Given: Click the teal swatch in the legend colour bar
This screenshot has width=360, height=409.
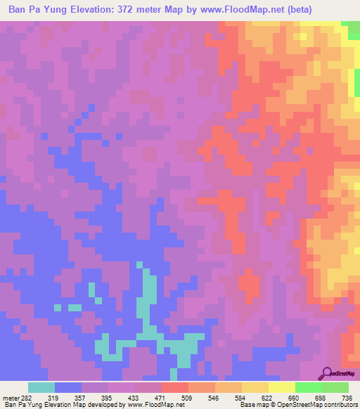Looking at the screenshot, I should coord(41,387).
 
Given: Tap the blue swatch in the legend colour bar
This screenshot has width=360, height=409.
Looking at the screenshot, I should coord(68,387).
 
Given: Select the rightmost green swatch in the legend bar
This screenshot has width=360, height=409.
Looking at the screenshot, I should coord(335,387).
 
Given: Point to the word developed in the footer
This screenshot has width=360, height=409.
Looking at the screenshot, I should coord(103,405).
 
